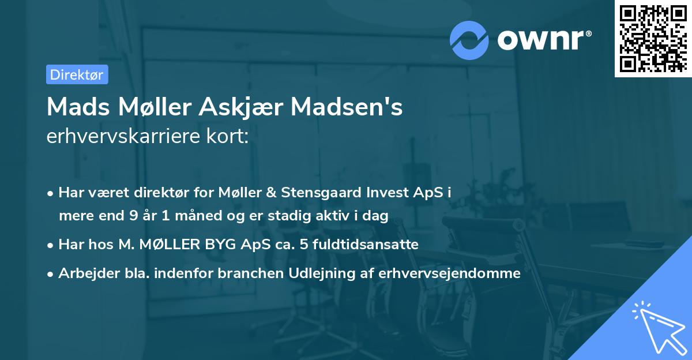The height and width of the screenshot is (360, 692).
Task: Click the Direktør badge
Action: (x=77, y=74)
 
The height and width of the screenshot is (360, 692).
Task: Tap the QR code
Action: (x=652, y=38)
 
